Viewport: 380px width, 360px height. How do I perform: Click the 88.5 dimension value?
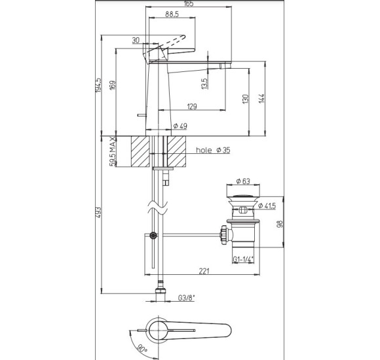pyautogui.click(x=172, y=14)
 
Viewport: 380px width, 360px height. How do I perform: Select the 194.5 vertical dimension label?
pyautogui.click(x=98, y=85)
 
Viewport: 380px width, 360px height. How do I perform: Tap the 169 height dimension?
pyautogui.click(x=113, y=85)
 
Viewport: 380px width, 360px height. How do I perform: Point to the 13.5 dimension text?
pyautogui.click(x=204, y=84)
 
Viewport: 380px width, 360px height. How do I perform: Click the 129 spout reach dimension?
pyautogui.click(x=192, y=106)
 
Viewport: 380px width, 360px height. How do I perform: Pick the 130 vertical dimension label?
pyautogui.click(x=245, y=99)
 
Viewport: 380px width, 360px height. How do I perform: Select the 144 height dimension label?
pyautogui.click(x=261, y=99)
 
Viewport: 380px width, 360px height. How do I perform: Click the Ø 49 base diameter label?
pyautogui.click(x=181, y=126)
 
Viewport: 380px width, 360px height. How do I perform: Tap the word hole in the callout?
pyautogui.click(x=204, y=150)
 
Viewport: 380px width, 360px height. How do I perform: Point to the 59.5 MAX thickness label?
pyautogui.click(x=113, y=152)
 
